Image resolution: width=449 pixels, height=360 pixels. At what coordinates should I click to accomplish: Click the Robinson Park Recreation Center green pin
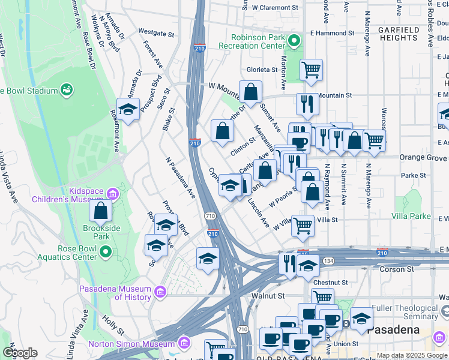pyautogui.click(x=294, y=41)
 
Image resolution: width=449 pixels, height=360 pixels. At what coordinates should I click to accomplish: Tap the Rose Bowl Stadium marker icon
pyautogui.click(x=67, y=91)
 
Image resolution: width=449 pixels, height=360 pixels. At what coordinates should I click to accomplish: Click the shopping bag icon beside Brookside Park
pyautogui.click(x=100, y=211)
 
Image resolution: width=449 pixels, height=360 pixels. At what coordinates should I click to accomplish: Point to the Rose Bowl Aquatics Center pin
pyautogui.click(x=105, y=253)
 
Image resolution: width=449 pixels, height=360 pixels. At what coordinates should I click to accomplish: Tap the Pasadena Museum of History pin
pyautogui.click(x=160, y=292)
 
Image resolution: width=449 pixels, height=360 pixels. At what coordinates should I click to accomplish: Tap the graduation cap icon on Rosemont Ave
pyautogui.click(x=128, y=109)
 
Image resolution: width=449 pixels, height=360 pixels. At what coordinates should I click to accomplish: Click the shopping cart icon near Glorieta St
pyautogui.click(x=311, y=70)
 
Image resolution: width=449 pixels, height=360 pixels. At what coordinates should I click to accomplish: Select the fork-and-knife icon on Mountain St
pyautogui.click(x=307, y=103)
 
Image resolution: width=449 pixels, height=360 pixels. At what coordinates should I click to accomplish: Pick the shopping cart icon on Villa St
pyautogui.click(x=303, y=226)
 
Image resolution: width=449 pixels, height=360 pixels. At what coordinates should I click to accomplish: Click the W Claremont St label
pyautogui.click(x=275, y=8)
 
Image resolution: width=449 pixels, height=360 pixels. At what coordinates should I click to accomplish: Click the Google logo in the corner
pyautogui.click(x=19, y=353)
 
